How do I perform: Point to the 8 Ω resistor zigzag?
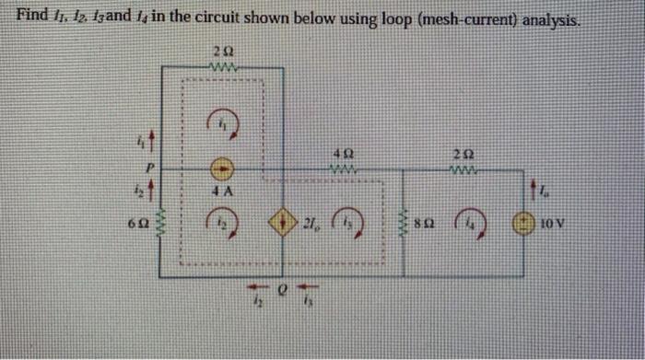pyautogui.click(x=405, y=224)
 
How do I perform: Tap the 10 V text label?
pyautogui.click(x=552, y=223)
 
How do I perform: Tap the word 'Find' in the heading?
pyautogui.click(x=35, y=16)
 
